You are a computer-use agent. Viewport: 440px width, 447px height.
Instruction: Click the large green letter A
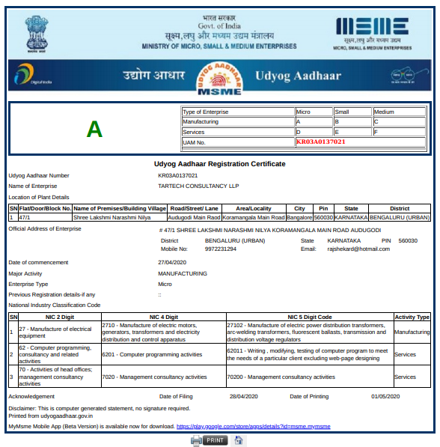pyautogui.click(x=94, y=129)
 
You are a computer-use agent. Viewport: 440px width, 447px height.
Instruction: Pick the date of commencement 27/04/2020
pyautogui.click(x=171, y=263)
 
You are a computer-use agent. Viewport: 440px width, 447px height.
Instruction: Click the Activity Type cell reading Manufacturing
pyautogui.click(x=412, y=331)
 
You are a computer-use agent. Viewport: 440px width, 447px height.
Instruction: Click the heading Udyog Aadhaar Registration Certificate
pyautogui.click(x=219, y=163)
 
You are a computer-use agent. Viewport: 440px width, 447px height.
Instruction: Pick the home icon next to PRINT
pyautogui.click(x=239, y=440)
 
